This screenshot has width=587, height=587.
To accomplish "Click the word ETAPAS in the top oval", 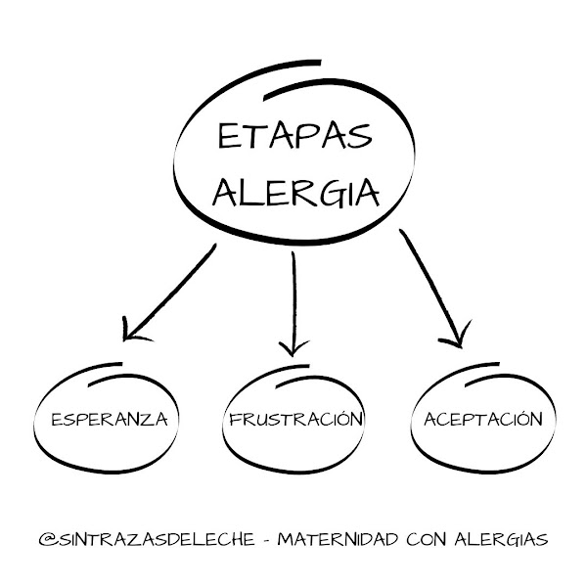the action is (293, 137).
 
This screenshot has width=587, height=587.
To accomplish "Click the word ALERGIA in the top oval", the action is (294, 194).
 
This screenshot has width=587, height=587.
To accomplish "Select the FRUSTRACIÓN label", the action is (295, 420).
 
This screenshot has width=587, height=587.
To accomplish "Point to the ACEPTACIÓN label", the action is (482, 419).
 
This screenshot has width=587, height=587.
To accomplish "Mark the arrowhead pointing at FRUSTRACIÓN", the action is (291, 347).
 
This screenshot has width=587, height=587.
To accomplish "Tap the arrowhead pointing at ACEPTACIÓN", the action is (452, 339).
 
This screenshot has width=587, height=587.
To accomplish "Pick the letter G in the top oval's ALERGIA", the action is (322, 194).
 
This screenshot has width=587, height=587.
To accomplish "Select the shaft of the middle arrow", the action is (293, 293).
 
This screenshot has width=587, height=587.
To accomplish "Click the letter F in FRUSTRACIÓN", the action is (234, 421).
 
